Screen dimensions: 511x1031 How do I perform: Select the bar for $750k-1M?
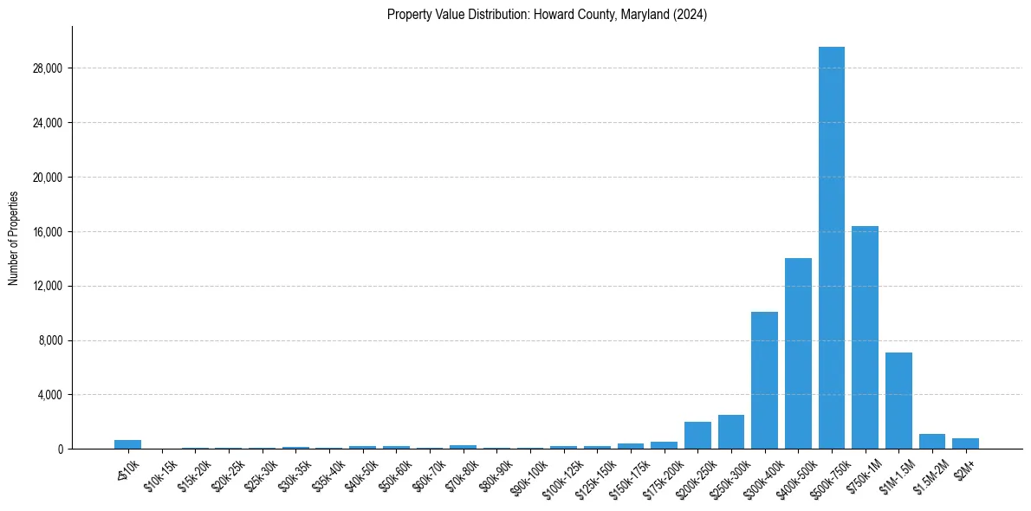tap(865, 338)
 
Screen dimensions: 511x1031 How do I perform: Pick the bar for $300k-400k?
tap(764, 380)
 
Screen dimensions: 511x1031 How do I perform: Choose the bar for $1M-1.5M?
tap(898, 401)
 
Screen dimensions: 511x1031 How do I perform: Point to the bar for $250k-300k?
tap(730, 432)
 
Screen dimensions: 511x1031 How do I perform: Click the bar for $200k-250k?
tap(697, 436)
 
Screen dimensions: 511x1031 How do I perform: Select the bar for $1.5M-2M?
tap(931, 442)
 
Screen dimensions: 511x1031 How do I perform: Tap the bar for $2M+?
tap(965, 443)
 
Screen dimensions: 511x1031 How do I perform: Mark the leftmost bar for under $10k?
tap(127, 444)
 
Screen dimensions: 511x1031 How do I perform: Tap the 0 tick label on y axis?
tap(61, 450)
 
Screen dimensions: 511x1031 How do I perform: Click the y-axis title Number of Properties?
tap(14, 238)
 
